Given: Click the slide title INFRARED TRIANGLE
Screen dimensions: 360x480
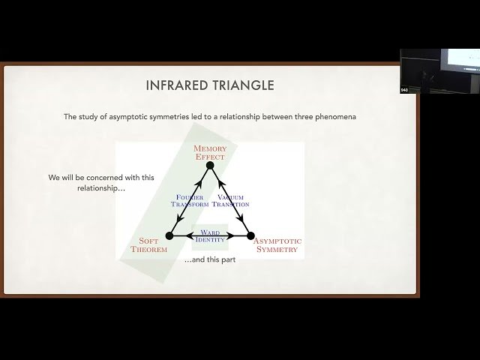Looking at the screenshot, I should pyautogui.click(x=209, y=86).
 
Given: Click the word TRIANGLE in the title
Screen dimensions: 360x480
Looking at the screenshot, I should pyautogui.click(x=242, y=86).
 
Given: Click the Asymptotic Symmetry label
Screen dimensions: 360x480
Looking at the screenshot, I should pyautogui.click(x=277, y=245).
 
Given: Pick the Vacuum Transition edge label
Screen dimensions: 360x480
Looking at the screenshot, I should pyautogui.click(x=230, y=200).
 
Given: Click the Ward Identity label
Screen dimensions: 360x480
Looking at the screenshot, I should pyautogui.click(x=210, y=235).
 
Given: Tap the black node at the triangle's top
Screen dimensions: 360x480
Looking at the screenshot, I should pyautogui.click(x=210, y=166).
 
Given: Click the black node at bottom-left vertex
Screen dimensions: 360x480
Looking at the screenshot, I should pyautogui.click(x=169, y=235).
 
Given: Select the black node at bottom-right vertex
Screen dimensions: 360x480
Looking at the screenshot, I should pyautogui.click(x=250, y=235).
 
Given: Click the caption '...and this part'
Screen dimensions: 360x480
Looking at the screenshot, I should pyautogui.click(x=210, y=259).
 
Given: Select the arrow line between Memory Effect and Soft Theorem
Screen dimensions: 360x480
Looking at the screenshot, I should pyautogui.click(x=190, y=200).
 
